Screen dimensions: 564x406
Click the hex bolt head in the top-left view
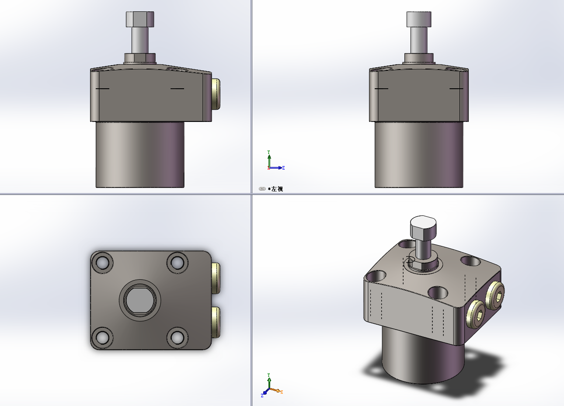coord(140,19)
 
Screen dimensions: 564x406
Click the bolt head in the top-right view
coord(419,19)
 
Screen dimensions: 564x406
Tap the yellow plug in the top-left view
coord(216,94)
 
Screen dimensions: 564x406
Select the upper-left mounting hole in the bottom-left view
coord(102,263)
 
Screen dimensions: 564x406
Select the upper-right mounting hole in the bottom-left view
coord(178,263)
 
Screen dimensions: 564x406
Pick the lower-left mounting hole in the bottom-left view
coord(102,337)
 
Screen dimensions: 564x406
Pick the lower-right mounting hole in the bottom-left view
coord(178,337)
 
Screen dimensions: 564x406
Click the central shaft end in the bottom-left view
coord(140,300)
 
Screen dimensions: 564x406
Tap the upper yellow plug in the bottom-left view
coord(216,278)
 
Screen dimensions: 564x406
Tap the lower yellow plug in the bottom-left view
coord(216,323)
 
